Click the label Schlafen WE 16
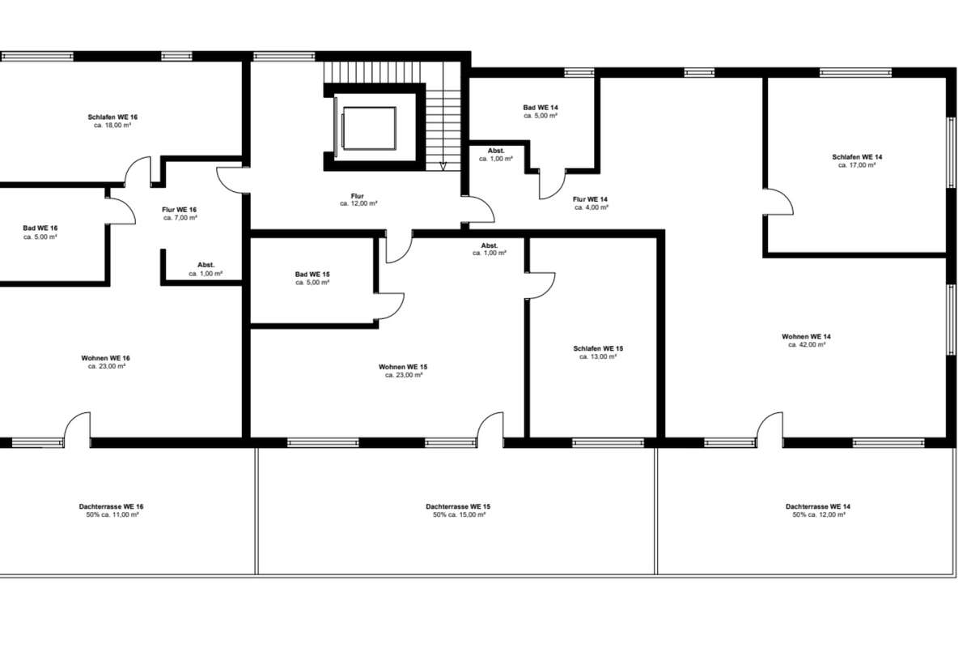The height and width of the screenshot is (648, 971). [112, 117]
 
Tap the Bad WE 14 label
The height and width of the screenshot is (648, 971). [541, 108]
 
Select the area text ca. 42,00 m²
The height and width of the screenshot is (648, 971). [807, 344]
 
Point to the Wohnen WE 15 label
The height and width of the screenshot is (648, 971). [403, 367]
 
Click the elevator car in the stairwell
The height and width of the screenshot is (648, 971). [369, 128]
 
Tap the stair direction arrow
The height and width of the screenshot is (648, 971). [443, 166]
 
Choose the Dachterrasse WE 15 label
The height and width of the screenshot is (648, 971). [458, 506]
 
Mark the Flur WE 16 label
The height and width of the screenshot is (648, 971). [180, 210]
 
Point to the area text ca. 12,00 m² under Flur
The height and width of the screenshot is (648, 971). [358, 203]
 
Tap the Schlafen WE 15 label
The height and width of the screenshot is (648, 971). [598, 348]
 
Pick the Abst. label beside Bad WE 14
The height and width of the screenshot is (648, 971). [496, 151]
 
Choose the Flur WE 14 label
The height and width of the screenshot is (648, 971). [591, 199]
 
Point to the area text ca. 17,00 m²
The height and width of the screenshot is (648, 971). [857, 165]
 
